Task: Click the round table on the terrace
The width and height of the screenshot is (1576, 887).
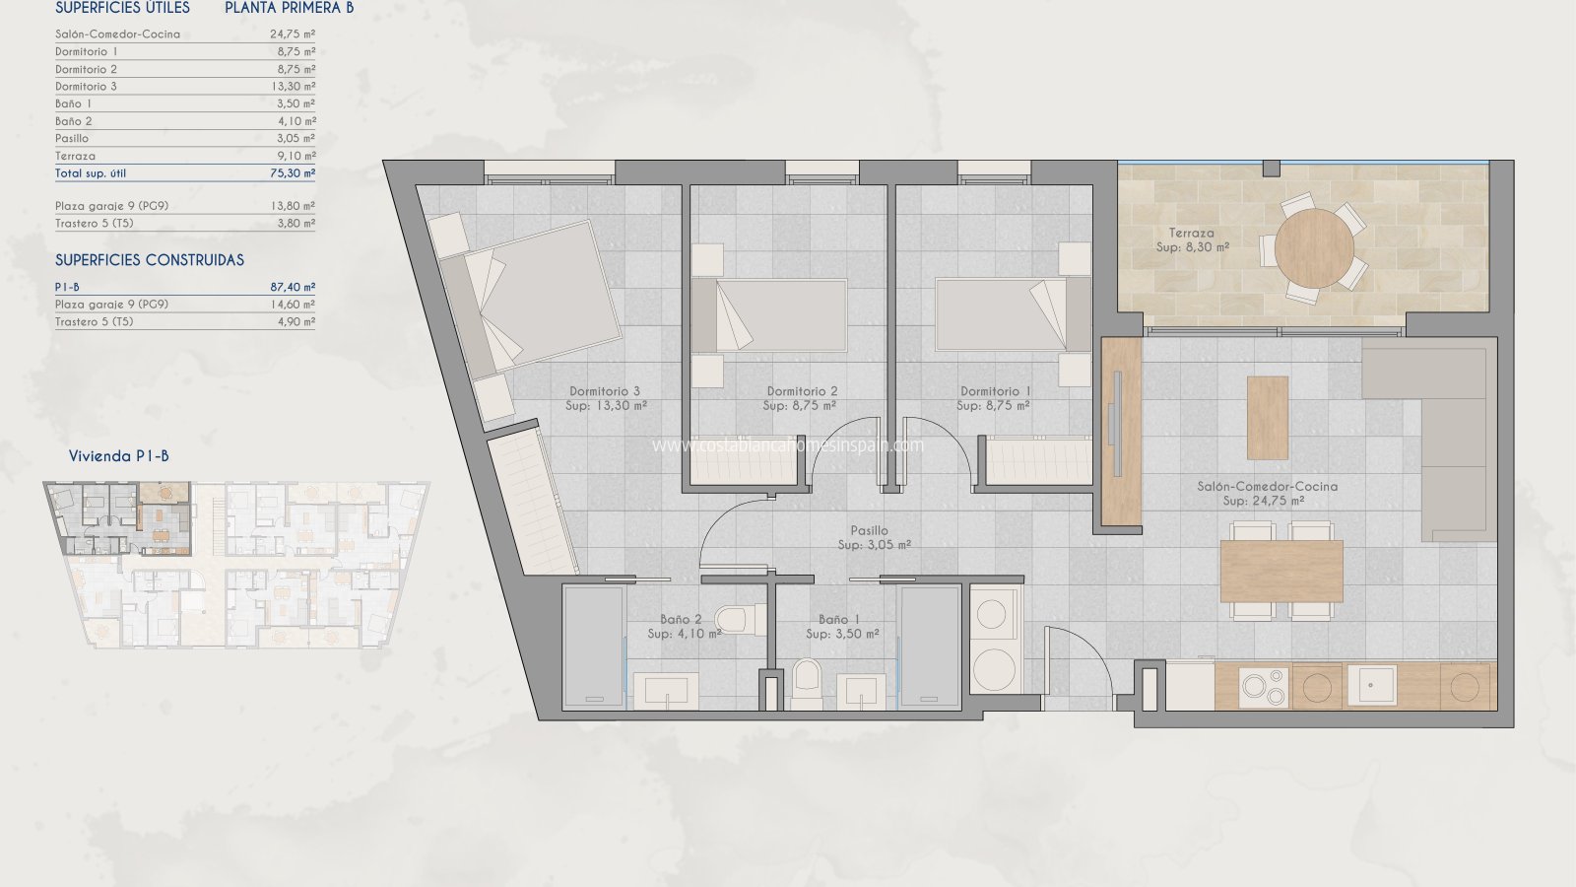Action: click(1314, 248)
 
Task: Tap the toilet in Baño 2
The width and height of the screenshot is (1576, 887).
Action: click(740, 620)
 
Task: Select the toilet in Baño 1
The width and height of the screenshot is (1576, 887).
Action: click(807, 684)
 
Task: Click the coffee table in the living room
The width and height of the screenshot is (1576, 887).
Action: click(1267, 418)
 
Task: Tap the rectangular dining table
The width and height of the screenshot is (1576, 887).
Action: click(1281, 571)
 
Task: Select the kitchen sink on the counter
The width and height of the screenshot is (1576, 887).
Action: click(1372, 685)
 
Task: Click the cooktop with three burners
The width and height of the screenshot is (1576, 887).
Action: click(1264, 687)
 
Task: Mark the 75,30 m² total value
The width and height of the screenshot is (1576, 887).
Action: click(293, 173)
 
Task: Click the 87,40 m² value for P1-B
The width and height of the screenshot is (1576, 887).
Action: click(293, 287)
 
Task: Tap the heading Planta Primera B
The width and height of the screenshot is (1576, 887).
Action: click(290, 8)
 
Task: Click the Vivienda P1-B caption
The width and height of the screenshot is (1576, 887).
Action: click(118, 456)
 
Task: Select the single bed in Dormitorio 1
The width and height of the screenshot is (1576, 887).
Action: click(1014, 314)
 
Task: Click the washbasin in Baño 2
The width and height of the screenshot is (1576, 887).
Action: click(666, 691)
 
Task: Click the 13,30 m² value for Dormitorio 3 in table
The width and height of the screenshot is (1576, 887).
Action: click(293, 87)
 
